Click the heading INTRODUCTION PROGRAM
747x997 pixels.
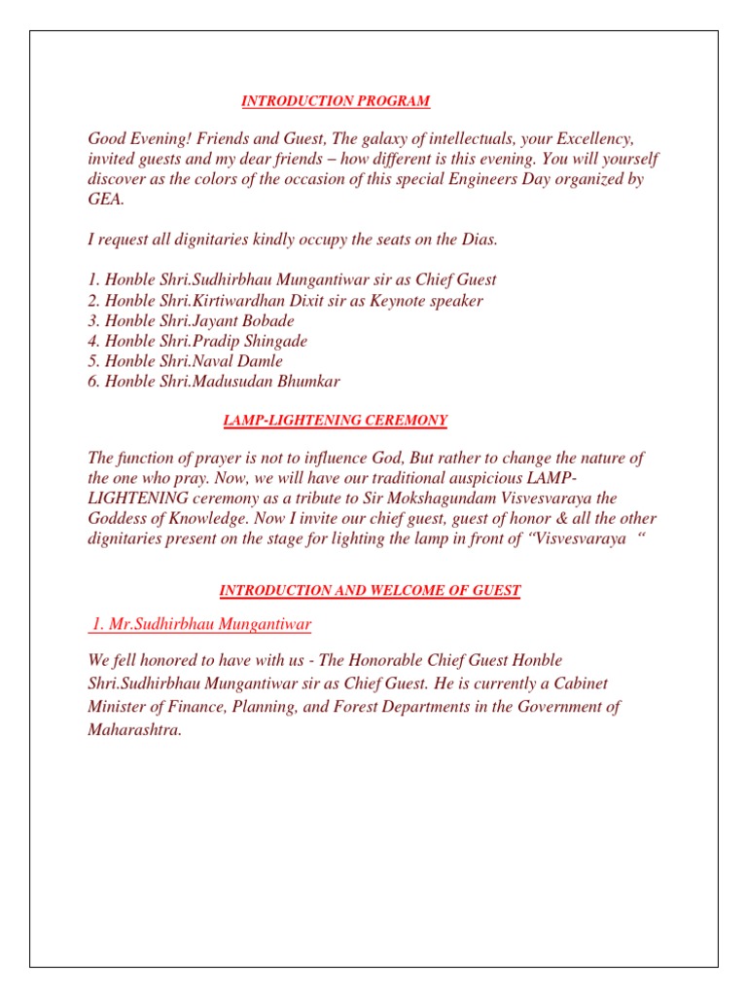[336, 101]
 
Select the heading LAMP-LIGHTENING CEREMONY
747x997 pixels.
[336, 421]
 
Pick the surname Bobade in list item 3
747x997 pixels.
[265, 321]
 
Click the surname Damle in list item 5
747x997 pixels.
[264, 361]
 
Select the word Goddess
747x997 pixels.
[118, 518]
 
